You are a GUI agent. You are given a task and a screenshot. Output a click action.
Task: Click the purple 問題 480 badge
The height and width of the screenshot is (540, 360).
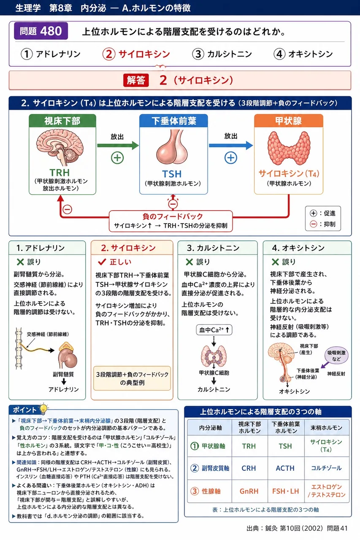tap(41, 31)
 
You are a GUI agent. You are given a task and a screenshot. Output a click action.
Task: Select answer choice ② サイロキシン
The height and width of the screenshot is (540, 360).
tap(136, 54)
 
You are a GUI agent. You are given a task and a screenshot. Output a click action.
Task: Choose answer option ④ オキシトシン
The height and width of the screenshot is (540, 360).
tap(303, 54)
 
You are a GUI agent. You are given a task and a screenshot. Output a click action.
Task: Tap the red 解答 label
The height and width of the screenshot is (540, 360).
tap(136, 80)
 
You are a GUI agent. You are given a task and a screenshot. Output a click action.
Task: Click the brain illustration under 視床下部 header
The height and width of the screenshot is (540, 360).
tap(60, 147)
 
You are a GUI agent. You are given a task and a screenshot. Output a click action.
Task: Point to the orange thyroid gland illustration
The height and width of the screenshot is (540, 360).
tap(289, 148)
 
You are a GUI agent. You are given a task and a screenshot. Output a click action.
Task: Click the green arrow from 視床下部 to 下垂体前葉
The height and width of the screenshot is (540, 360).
tap(118, 146)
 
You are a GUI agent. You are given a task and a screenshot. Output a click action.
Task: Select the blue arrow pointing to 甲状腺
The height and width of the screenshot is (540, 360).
tap(231, 146)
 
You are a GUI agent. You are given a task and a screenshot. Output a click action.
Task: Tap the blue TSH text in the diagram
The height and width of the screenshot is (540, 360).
tap(172, 174)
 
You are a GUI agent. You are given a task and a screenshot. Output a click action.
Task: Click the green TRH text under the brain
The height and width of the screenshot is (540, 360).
tap(60, 173)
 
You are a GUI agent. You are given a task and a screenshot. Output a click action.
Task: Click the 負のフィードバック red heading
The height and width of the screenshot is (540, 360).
tap(173, 216)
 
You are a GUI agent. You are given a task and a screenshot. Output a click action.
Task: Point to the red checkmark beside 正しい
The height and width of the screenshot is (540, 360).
tap(102, 262)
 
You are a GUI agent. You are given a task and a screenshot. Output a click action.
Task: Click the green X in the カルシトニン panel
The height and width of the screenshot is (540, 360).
tap(189, 262)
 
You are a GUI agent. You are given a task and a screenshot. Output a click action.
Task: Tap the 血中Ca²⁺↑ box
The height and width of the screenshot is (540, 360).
tap(214, 330)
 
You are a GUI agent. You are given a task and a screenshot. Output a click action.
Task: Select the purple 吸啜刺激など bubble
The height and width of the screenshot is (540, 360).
tap(336, 356)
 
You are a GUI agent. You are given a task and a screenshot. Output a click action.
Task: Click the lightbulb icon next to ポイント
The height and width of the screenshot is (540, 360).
tap(43, 409)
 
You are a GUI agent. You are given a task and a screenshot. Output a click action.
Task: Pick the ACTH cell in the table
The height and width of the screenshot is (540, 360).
tap(285, 468)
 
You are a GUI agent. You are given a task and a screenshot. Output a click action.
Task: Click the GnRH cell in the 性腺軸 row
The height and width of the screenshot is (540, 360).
tap(249, 491)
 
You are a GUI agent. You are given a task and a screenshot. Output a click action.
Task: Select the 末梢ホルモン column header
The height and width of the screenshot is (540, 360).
tap(327, 427)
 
